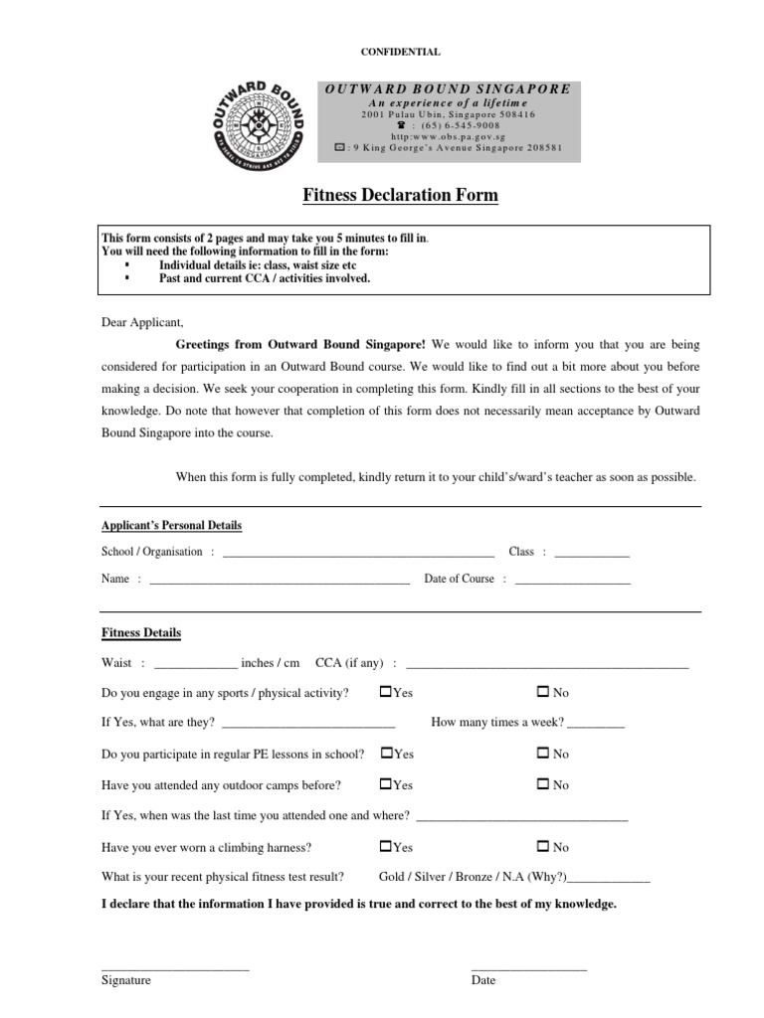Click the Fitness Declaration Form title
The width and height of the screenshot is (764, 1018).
[400, 196]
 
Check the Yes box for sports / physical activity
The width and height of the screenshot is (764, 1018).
[386, 691]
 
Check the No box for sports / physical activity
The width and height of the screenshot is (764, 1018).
[543, 691]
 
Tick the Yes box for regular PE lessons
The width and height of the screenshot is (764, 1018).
[386, 754]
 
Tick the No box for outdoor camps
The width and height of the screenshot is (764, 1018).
[543, 784]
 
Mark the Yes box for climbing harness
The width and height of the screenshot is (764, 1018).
[386, 847]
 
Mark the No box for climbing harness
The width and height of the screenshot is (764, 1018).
[543, 847]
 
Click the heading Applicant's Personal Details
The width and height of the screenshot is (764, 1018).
[171, 525]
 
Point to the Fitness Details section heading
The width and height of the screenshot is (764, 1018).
[141, 633]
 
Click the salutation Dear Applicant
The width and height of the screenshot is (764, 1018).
[143, 322]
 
